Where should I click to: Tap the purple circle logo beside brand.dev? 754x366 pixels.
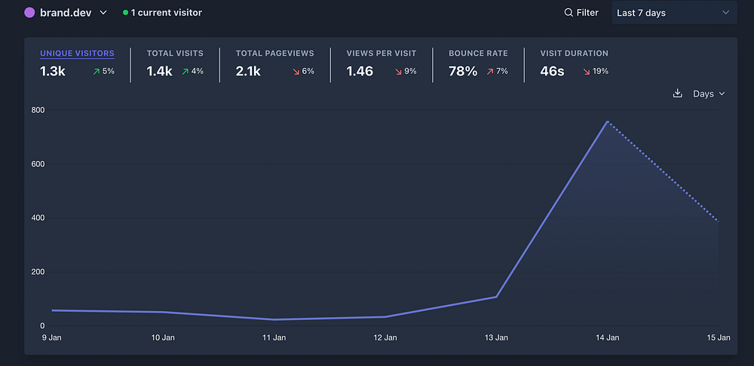click(30, 13)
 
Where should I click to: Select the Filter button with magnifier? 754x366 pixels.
click(581, 13)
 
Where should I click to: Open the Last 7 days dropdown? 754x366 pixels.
click(673, 13)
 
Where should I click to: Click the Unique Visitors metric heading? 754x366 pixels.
click(77, 53)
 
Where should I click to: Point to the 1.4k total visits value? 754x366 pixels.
click(159, 72)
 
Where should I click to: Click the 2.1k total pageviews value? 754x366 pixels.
click(248, 72)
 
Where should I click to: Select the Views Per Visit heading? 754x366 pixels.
click(381, 53)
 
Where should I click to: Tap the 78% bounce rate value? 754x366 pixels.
click(463, 72)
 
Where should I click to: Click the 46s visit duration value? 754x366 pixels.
click(553, 72)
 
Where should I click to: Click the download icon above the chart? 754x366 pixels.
click(677, 93)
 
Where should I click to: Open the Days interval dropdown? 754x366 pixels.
click(709, 93)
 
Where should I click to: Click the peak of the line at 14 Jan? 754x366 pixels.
click(607, 121)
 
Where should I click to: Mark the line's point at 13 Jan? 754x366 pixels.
click(496, 297)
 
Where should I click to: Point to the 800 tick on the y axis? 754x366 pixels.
click(38, 111)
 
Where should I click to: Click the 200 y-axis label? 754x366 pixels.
click(38, 272)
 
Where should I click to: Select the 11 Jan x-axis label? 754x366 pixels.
click(274, 338)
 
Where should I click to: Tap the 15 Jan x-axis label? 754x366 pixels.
click(718, 338)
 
